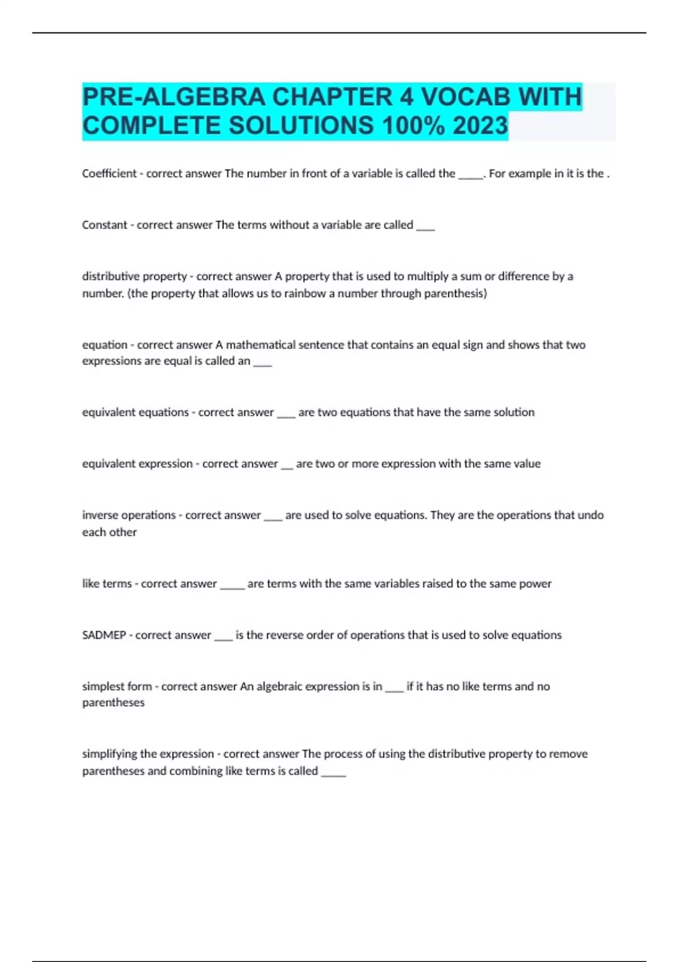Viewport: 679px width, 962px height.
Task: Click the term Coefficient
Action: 109,174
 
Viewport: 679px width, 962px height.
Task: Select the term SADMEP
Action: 104,635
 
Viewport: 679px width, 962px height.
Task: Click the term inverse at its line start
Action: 100,516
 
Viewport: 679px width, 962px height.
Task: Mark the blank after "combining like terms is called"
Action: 333,773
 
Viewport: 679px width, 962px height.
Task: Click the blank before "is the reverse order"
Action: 224,638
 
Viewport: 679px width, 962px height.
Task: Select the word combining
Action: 195,771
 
